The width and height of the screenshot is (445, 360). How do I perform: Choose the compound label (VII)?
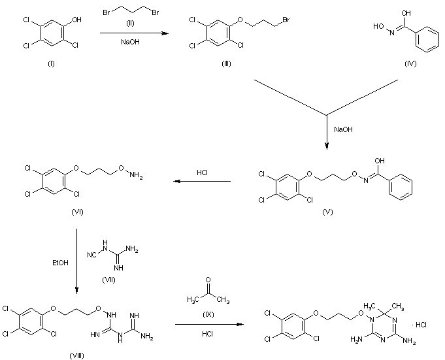coord(109,279)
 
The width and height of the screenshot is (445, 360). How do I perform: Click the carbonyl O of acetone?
coord(208,278)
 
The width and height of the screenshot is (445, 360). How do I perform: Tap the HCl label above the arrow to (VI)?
coord(203,174)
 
